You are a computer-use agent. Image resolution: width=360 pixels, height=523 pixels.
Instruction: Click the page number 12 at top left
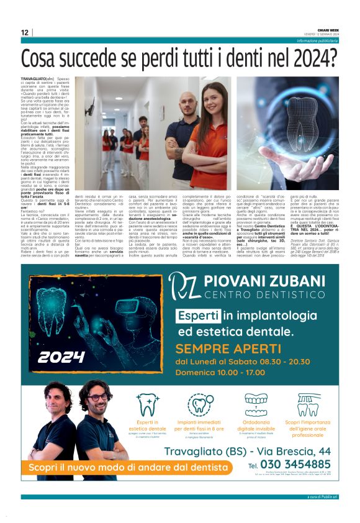coord(24,32)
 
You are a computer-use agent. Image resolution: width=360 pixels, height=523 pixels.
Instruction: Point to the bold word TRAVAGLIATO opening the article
coord(34,80)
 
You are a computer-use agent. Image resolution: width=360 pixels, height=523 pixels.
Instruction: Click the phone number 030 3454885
coord(297,464)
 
